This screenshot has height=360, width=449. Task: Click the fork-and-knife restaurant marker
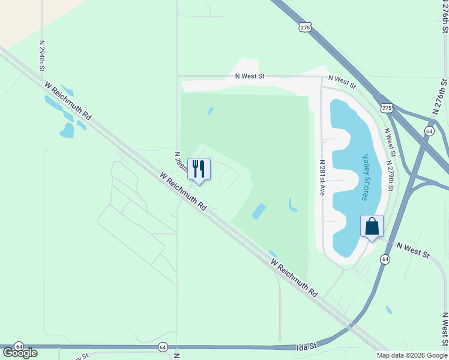(199, 169)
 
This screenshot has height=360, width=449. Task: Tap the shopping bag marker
(372, 226)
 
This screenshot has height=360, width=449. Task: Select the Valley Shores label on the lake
(366, 177)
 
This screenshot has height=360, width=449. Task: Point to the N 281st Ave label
(322, 178)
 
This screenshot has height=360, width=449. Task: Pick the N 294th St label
(43, 56)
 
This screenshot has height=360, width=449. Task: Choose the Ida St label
(306, 347)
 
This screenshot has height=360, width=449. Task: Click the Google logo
(20, 353)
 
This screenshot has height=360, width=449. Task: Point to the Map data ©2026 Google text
(412, 355)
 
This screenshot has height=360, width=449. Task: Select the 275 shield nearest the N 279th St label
(386, 107)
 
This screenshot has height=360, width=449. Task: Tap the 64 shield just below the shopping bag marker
(385, 259)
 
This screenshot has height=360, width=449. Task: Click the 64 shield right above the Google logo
(19, 347)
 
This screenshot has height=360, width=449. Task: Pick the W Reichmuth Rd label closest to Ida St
(294, 278)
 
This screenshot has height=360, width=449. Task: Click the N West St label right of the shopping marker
(413, 250)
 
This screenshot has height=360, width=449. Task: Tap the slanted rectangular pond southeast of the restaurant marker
(259, 211)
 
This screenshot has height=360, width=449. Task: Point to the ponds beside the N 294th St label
(63, 114)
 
